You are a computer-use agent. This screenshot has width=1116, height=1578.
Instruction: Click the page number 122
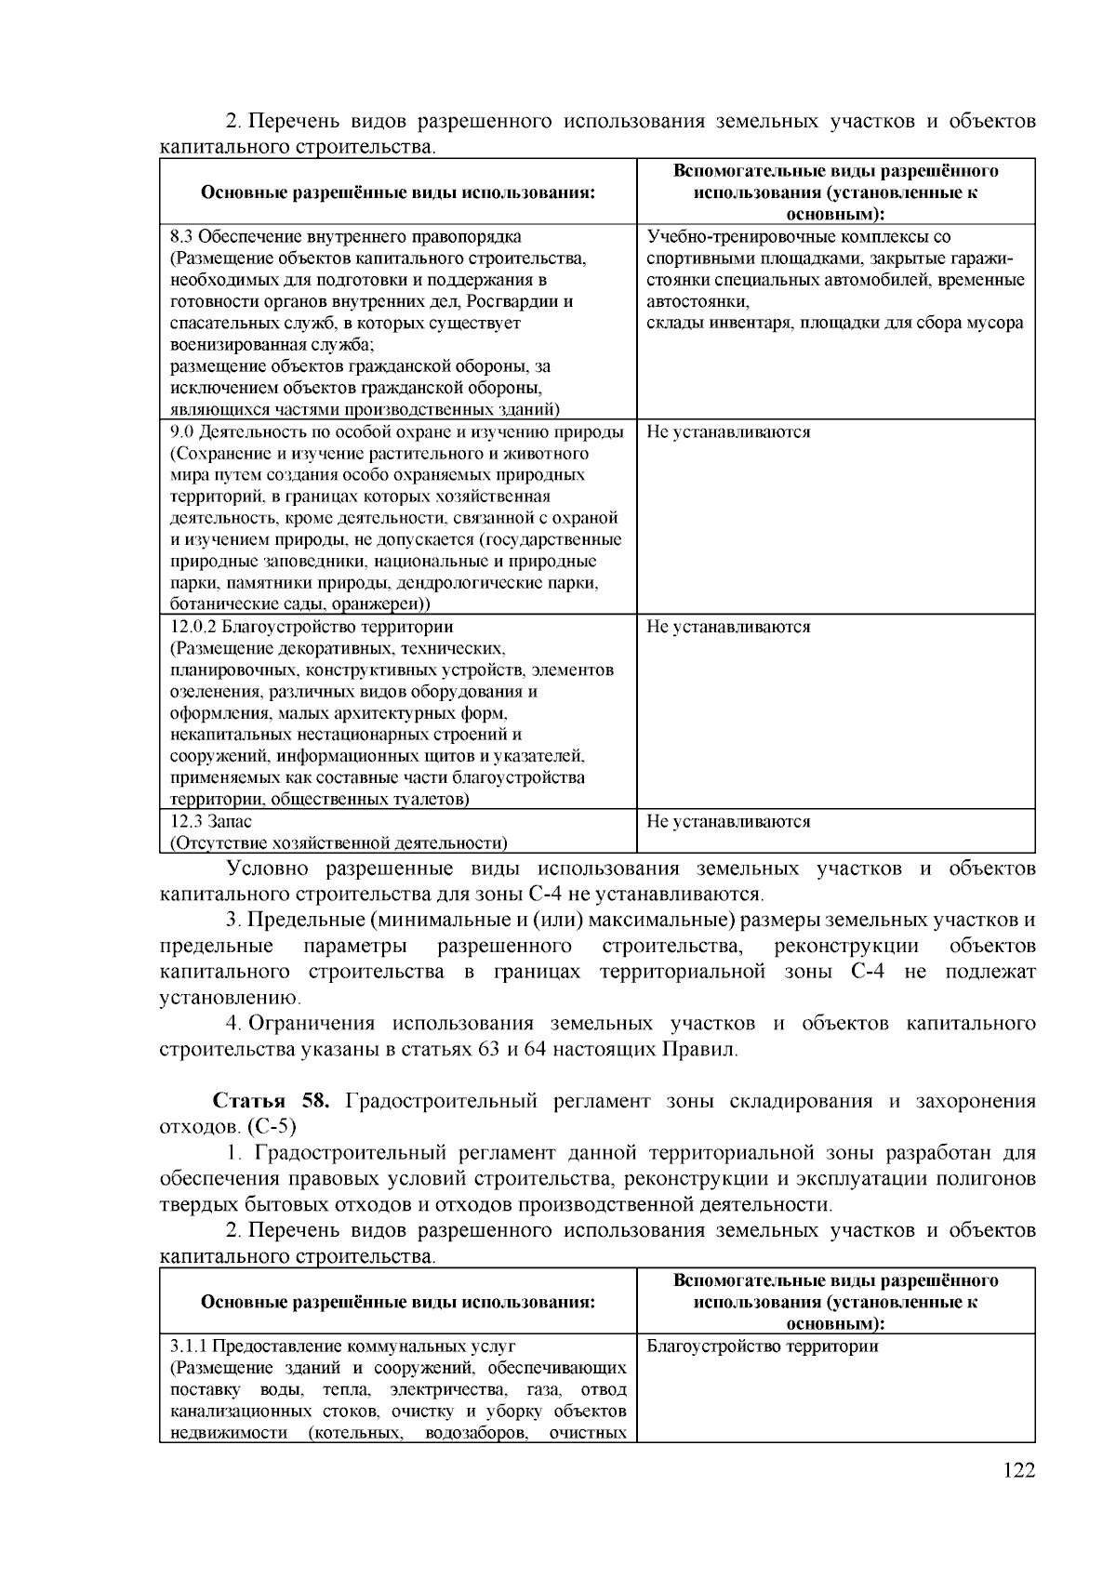(x=1019, y=1496)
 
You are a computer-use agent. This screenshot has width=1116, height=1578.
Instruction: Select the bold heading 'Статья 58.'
(x=271, y=1102)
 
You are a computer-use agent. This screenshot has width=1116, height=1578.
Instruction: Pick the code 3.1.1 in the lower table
(x=190, y=1346)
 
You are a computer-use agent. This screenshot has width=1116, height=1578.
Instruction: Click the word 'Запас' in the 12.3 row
(x=230, y=822)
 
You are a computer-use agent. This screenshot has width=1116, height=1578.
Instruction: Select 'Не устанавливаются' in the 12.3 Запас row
(x=728, y=822)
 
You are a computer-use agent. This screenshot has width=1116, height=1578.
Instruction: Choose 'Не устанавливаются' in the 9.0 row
(x=728, y=431)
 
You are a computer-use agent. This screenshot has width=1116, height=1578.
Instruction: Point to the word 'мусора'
(x=996, y=324)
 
